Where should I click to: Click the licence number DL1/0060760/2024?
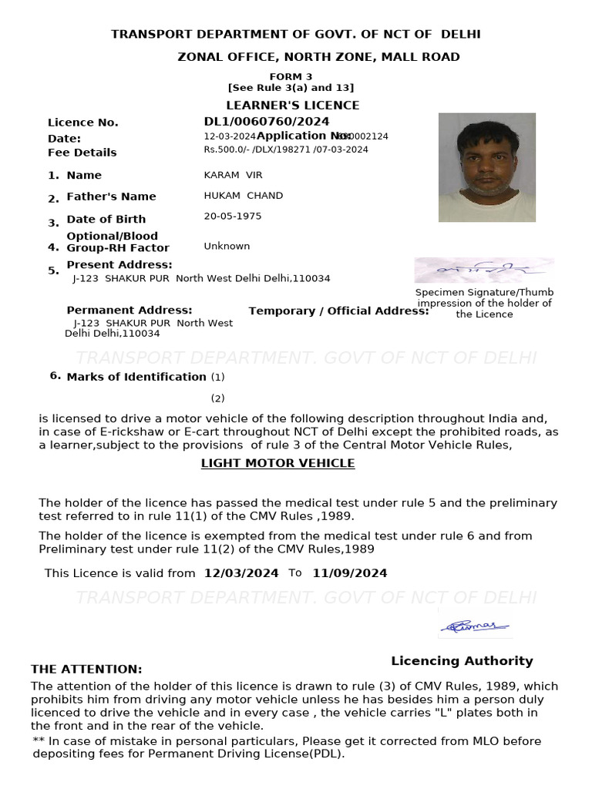[x=266, y=122]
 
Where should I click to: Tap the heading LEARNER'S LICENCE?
[x=292, y=105]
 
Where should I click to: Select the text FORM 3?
[x=291, y=76]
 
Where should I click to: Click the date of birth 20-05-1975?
[x=232, y=216]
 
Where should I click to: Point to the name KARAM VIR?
[x=233, y=175]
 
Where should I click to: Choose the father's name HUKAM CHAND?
[x=243, y=196]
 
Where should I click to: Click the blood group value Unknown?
[x=227, y=246]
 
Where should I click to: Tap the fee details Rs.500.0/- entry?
[x=285, y=149]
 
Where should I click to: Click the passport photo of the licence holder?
[x=486, y=167]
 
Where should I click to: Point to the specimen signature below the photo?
[x=483, y=270]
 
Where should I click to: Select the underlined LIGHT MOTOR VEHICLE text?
[x=277, y=463]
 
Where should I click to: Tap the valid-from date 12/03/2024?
[x=241, y=573]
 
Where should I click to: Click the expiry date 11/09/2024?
[x=349, y=573]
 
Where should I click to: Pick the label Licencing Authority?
[x=462, y=660]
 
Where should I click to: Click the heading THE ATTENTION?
[x=86, y=669]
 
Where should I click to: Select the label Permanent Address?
[x=129, y=310]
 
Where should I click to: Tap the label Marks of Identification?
[x=136, y=377]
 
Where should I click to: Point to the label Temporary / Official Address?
[x=338, y=311]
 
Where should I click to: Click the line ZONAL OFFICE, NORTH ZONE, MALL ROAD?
[x=318, y=57]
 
